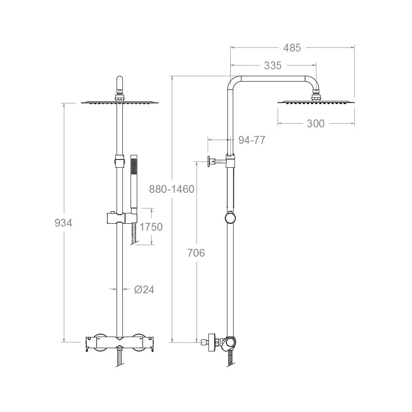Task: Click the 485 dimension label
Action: tap(292, 48)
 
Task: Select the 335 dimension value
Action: tap(273, 66)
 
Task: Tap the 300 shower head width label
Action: tap(316, 124)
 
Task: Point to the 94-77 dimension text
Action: tap(252, 140)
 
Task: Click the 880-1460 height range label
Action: tap(171, 189)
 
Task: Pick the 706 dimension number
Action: tap(196, 253)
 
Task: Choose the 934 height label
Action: tap(63, 223)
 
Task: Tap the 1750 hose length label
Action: tap(151, 227)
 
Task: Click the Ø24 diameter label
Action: tap(144, 290)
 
